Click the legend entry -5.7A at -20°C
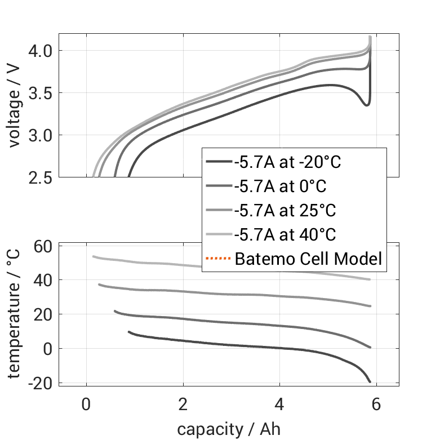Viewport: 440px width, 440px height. (288, 163)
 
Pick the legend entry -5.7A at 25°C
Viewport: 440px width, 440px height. (285, 211)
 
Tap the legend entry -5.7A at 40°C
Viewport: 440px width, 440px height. (285, 234)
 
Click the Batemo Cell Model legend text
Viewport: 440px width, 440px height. (308, 259)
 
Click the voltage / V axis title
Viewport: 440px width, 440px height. (15, 105)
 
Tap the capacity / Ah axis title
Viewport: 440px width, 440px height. (229, 429)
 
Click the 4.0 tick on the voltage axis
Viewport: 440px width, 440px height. (39, 51)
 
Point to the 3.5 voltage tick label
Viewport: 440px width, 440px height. (39, 93)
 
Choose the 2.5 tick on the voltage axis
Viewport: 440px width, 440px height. (39, 177)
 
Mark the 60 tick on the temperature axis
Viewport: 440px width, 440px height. (43, 246)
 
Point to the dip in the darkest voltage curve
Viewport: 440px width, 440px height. (367, 105)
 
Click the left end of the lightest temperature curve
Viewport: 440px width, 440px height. (94, 256)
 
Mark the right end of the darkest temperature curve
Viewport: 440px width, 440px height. (370, 381)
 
